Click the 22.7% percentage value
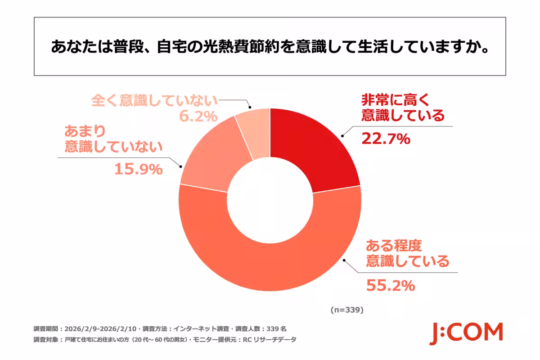[x=386, y=139]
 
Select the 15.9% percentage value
[x=138, y=169]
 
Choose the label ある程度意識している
[x=407, y=253]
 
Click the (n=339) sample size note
[x=346, y=310]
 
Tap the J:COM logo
[x=466, y=333]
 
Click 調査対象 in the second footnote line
[x=45, y=340]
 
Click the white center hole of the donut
[x=270, y=200]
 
